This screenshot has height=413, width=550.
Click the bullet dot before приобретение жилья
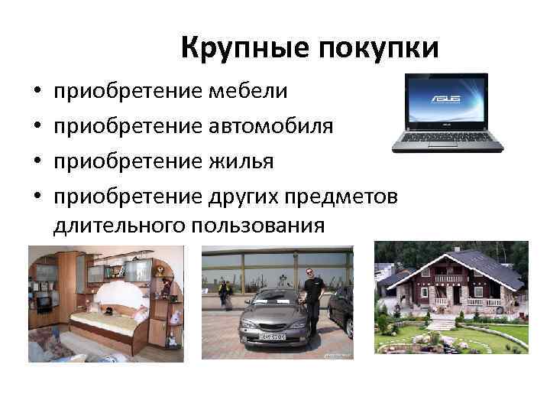36,161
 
